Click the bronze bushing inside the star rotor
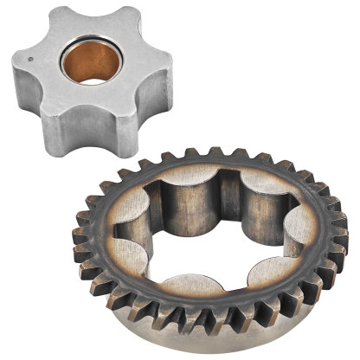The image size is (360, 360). [88, 62]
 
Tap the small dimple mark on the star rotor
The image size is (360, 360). [31, 60]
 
